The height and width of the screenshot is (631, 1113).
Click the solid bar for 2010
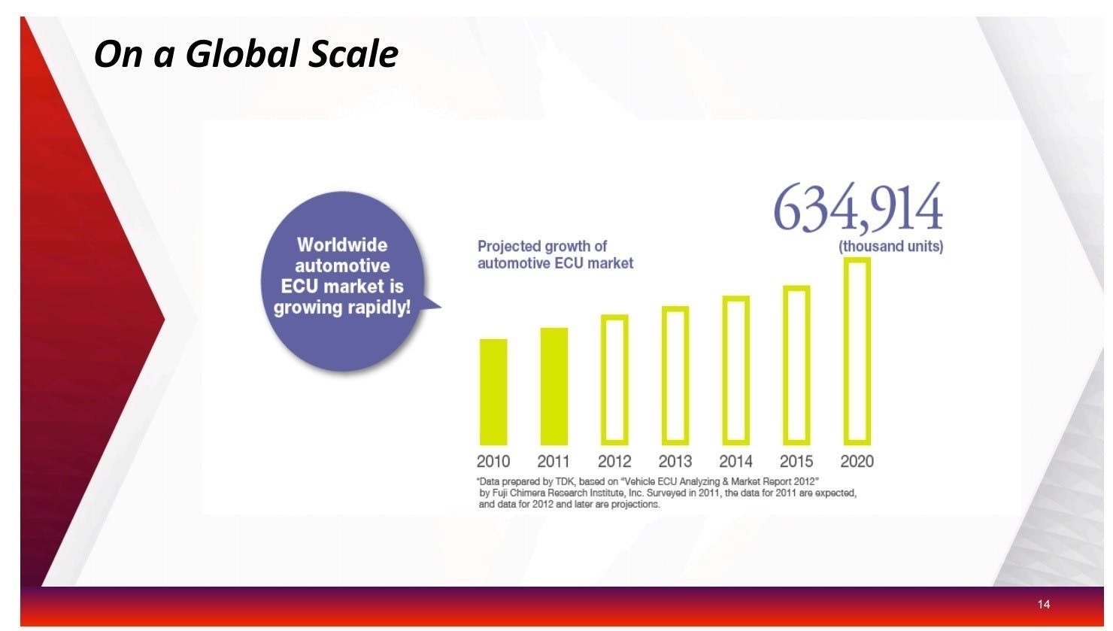(x=493, y=392)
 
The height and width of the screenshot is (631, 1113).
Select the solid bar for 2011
(x=554, y=386)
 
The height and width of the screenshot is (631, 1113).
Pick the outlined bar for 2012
(x=603, y=380)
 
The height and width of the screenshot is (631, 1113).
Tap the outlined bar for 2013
(x=664, y=375)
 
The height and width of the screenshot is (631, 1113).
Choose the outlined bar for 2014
(x=724, y=370)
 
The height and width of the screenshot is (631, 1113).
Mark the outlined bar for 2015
(x=785, y=366)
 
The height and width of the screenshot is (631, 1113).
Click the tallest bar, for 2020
(x=846, y=351)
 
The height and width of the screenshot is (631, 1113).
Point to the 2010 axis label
(x=493, y=462)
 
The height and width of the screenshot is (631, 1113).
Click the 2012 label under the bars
(x=614, y=462)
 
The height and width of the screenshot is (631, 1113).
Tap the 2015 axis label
(x=796, y=462)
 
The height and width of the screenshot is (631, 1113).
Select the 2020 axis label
(x=857, y=462)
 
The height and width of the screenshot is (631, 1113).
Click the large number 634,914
(x=858, y=207)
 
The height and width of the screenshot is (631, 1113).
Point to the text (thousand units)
(x=891, y=247)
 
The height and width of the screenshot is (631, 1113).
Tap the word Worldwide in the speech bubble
(x=342, y=245)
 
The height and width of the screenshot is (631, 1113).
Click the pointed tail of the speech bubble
(x=440, y=307)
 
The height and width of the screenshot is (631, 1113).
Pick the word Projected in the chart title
(x=508, y=247)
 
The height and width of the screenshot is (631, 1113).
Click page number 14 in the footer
(x=1044, y=604)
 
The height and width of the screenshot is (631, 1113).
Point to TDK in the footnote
(x=566, y=481)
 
